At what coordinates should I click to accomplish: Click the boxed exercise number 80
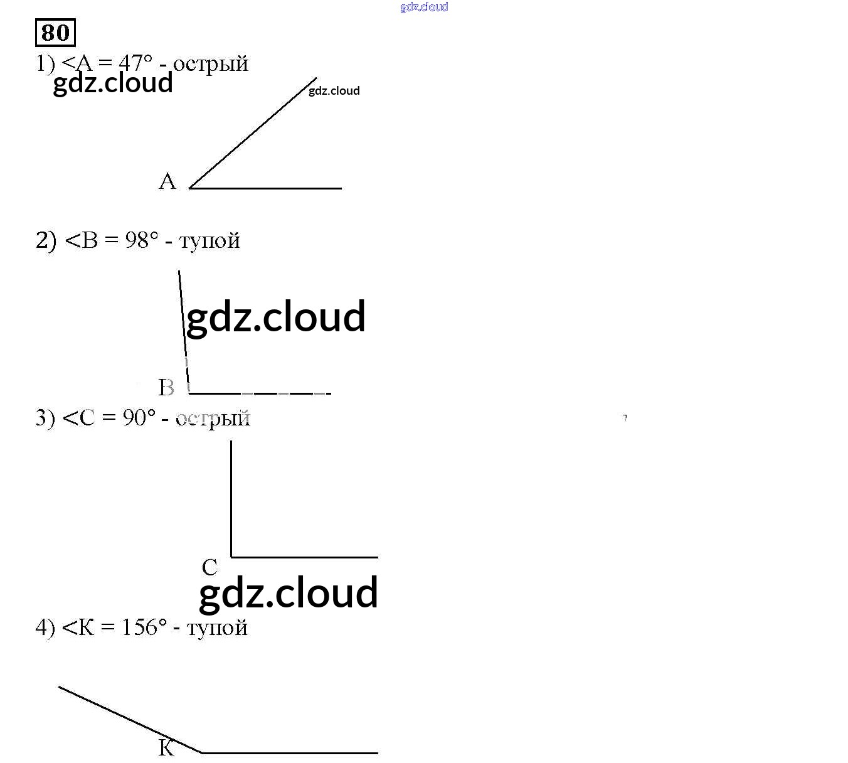55,33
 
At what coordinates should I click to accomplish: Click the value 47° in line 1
135,63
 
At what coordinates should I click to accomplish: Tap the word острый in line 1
211,64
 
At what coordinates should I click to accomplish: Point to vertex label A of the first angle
167,181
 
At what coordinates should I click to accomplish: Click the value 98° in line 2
142,240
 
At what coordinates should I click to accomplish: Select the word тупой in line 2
209,241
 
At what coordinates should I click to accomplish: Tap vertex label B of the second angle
166,387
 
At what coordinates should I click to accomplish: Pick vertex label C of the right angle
209,567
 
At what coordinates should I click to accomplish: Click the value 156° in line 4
144,627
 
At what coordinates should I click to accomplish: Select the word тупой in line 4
217,627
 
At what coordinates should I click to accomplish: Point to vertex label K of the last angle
166,747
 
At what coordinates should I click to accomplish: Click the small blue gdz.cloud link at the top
424,7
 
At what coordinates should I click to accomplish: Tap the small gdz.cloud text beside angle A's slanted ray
334,91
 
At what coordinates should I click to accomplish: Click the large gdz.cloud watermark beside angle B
276,317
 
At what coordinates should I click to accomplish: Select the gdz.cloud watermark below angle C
289,593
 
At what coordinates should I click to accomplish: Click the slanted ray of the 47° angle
253,132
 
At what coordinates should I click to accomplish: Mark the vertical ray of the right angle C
231,499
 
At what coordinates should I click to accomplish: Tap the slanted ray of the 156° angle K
130,720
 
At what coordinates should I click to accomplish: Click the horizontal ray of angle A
265,188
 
